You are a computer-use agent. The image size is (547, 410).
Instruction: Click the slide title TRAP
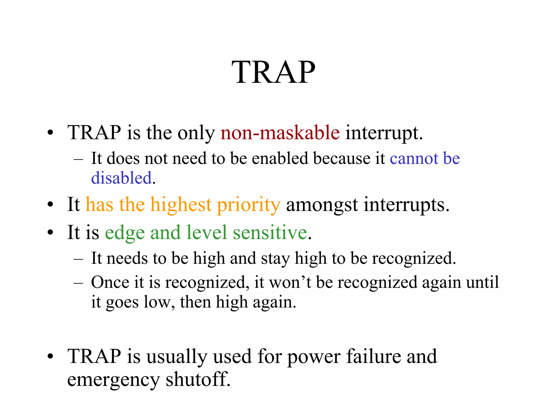click(x=273, y=72)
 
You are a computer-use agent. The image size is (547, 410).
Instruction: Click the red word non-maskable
click(x=280, y=133)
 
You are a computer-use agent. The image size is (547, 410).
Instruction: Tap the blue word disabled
click(x=122, y=178)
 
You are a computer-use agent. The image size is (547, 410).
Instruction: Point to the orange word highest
click(x=181, y=205)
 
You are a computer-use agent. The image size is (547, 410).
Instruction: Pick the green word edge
click(x=125, y=233)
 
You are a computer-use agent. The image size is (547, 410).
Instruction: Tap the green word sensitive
click(x=270, y=232)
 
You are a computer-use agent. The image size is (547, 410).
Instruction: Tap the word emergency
click(x=114, y=380)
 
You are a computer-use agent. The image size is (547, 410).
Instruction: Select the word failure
click(x=374, y=356)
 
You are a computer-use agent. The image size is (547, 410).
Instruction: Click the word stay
click(x=275, y=259)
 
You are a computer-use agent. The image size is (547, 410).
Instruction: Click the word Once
click(x=110, y=282)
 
